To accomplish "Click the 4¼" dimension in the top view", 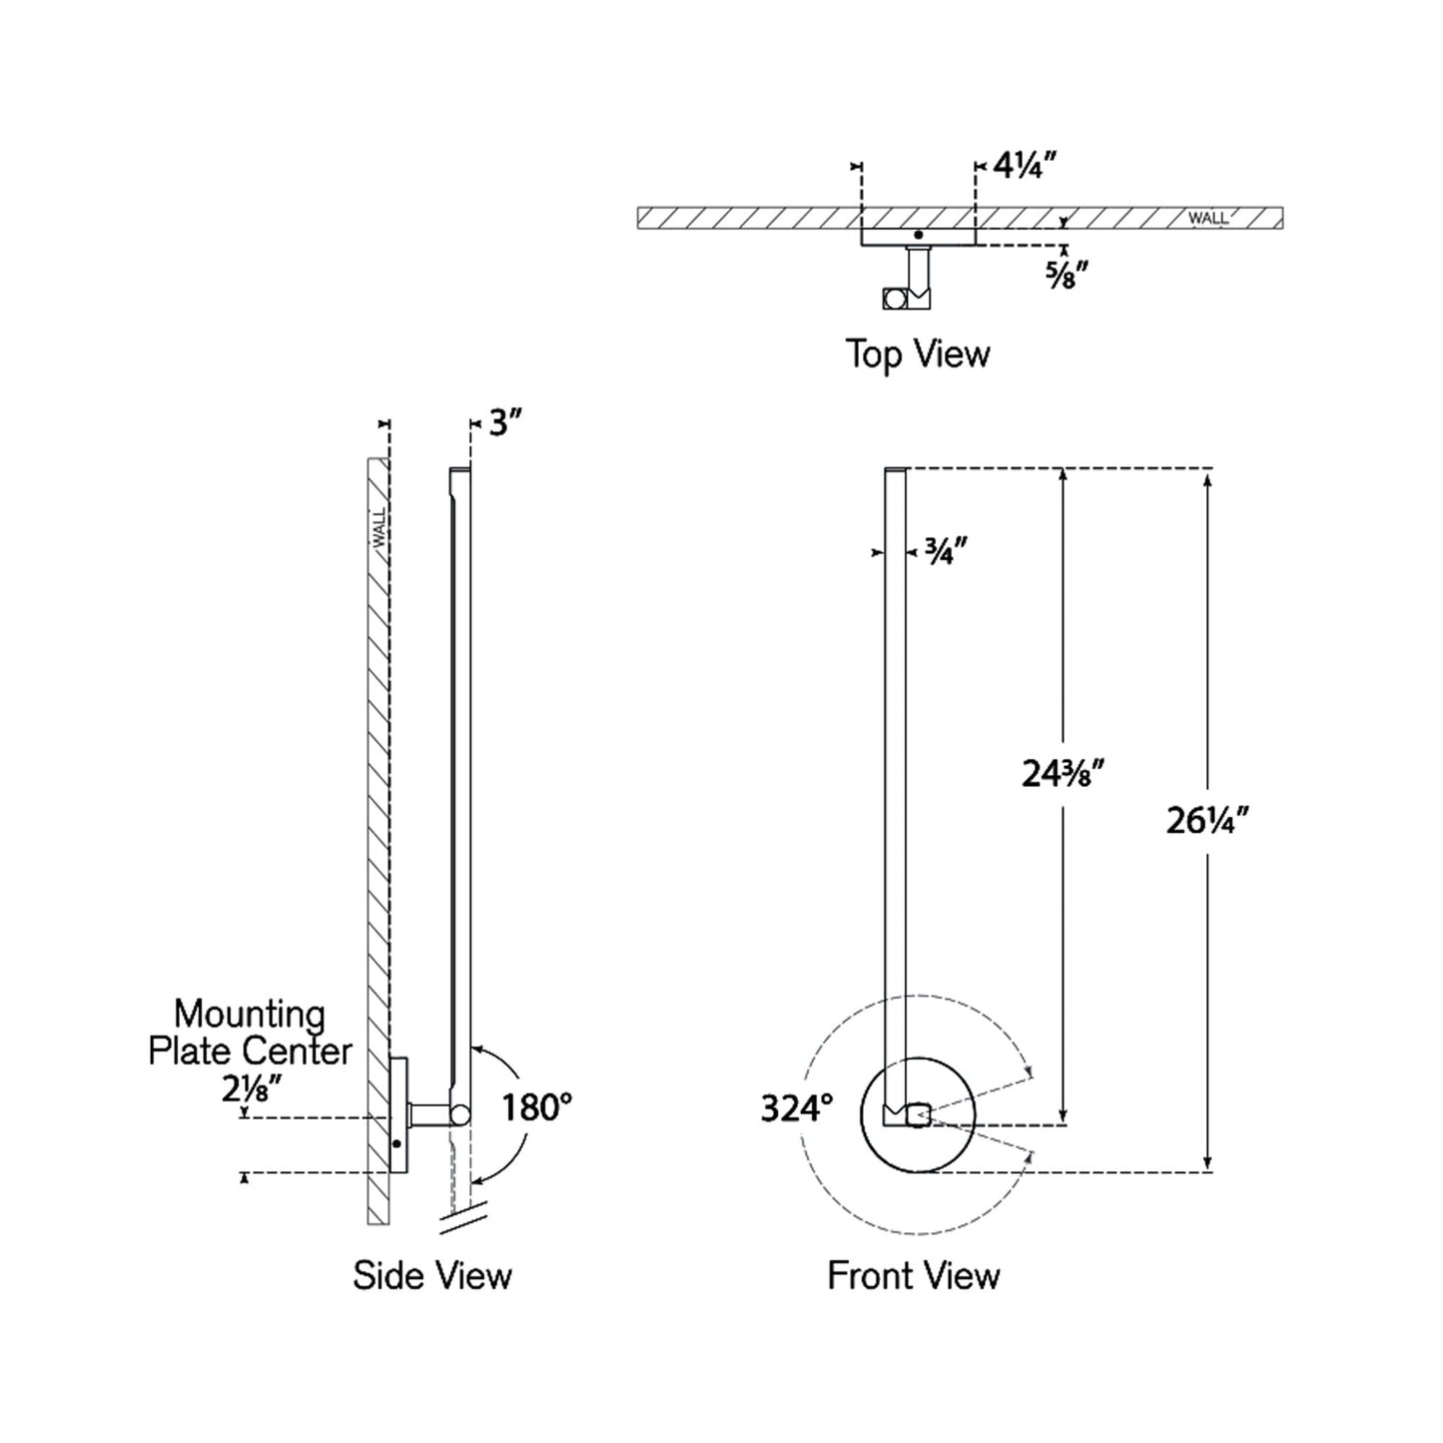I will (x=1018, y=167).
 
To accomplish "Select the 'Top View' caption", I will (x=917, y=354).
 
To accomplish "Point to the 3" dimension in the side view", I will (x=505, y=423).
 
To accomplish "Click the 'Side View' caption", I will (x=431, y=1275).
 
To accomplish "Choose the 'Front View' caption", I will (x=913, y=1275).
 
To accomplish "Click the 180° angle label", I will (x=536, y=1107).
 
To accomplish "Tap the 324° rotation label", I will (x=796, y=1108).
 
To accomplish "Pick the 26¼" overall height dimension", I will (x=1207, y=821).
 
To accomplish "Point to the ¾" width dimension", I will (x=944, y=551).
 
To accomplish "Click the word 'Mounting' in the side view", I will (x=250, y=1015).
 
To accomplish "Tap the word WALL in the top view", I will (x=1207, y=218).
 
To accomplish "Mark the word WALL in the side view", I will (x=379, y=528).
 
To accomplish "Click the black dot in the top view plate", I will (x=918, y=235).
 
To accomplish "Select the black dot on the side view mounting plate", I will (x=396, y=1143).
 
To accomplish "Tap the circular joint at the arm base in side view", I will (x=460, y=1113).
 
